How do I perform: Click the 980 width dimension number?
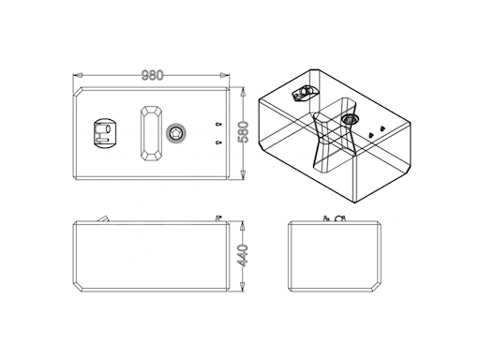(153, 75)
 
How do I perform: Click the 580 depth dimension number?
(244, 132)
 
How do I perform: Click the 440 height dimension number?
(244, 256)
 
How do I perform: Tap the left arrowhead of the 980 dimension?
(78, 75)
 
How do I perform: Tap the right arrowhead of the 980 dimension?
(225, 75)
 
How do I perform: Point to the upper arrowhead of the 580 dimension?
(243, 93)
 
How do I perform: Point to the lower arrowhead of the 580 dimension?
(243, 174)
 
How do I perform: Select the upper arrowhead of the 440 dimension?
(243, 226)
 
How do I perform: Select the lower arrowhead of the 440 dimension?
(243, 287)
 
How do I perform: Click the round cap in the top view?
(175, 133)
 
